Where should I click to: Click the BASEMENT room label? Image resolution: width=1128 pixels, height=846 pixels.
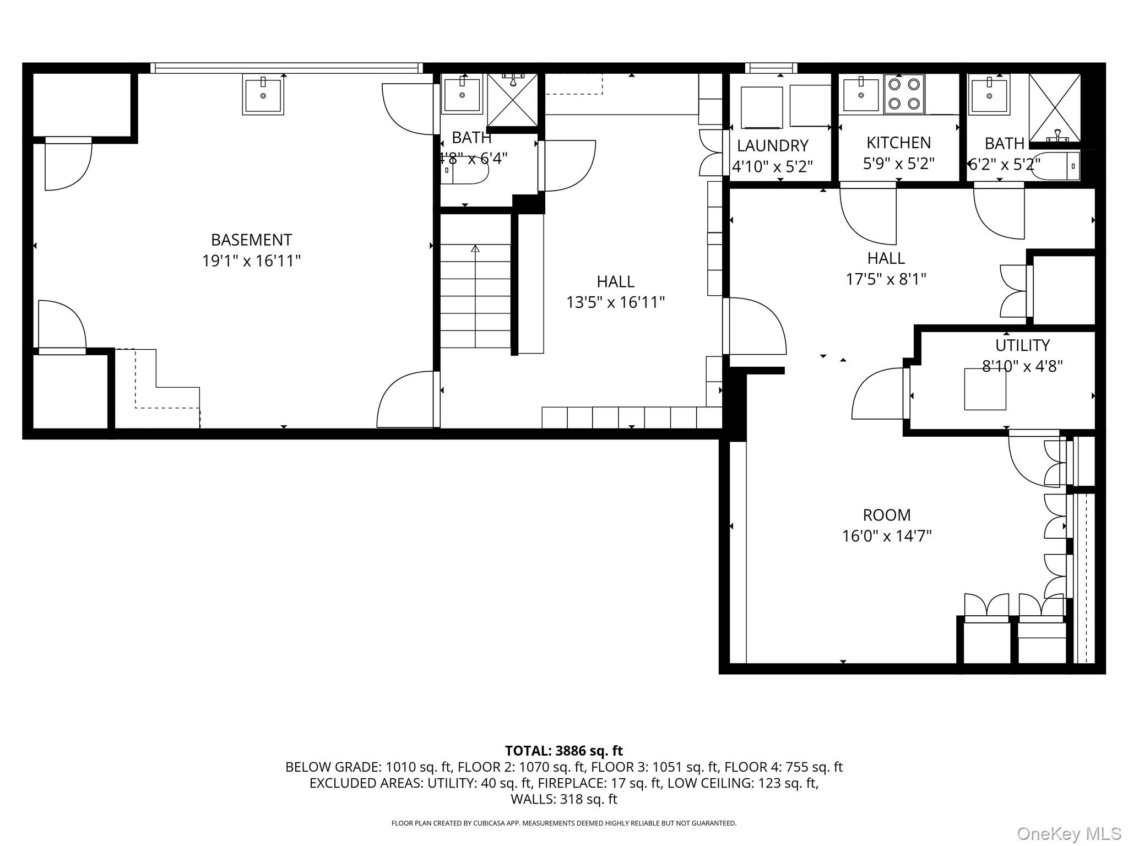click(x=251, y=240)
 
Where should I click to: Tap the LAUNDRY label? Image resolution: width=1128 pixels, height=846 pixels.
click(x=772, y=146)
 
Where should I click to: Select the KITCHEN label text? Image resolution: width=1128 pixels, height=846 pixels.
click(x=898, y=143)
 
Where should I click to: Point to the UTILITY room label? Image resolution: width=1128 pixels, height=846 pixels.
click(x=1022, y=345)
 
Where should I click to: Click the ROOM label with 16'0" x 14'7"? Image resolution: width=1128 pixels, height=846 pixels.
click(x=886, y=515)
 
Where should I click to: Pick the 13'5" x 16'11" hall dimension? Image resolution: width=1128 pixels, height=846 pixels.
click(x=615, y=302)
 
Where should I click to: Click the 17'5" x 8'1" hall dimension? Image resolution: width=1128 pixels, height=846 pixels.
click(x=886, y=279)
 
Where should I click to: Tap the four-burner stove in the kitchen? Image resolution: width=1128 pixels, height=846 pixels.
click(x=904, y=94)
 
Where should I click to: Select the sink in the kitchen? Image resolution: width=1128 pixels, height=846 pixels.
click(x=861, y=95)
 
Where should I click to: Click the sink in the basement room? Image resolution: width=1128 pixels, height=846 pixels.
click(x=263, y=95)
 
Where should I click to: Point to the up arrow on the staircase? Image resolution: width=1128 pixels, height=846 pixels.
click(x=475, y=249)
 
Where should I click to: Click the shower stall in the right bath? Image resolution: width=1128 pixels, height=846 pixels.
click(x=1055, y=107)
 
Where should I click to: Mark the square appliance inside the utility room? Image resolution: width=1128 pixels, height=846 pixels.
click(x=985, y=389)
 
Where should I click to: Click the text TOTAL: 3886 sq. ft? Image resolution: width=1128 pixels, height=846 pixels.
click(x=563, y=751)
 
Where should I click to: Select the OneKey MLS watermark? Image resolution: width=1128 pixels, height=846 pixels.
click(x=1069, y=833)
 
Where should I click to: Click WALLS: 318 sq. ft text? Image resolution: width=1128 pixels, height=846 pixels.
click(x=563, y=799)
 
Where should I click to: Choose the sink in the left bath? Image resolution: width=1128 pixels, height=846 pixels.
click(x=462, y=95)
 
